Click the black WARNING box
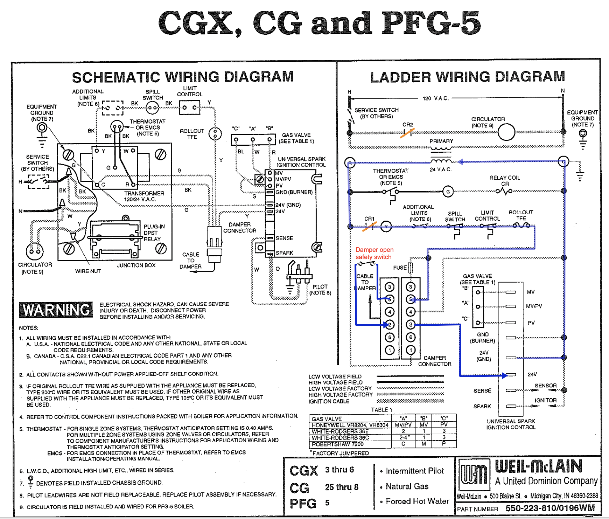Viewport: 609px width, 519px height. [x=56, y=310]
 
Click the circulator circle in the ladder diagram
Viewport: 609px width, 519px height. [x=506, y=132]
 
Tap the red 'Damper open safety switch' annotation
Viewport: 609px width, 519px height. [x=374, y=253]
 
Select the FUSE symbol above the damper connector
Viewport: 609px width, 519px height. [x=411, y=268]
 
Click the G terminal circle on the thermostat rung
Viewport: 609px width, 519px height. [x=448, y=191]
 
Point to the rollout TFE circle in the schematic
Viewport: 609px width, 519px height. [x=215, y=133]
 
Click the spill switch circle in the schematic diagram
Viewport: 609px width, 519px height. [x=152, y=108]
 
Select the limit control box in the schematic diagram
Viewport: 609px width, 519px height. [x=189, y=108]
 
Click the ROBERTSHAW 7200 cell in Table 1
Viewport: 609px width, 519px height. [x=337, y=444]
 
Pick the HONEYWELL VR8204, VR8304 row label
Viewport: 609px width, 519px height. [x=350, y=425]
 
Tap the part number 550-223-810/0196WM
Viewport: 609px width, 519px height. [x=550, y=508]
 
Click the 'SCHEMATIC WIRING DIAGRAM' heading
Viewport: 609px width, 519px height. [x=182, y=77]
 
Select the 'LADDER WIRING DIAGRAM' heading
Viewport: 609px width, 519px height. [x=467, y=77]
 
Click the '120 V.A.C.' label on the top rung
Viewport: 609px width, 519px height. [x=435, y=98]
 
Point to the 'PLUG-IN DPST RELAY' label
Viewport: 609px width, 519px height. [x=152, y=233]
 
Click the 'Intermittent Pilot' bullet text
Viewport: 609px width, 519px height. [x=414, y=471]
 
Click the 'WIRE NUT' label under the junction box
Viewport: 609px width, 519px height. [x=88, y=271]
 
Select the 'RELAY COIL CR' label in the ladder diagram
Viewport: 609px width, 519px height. [x=504, y=180]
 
